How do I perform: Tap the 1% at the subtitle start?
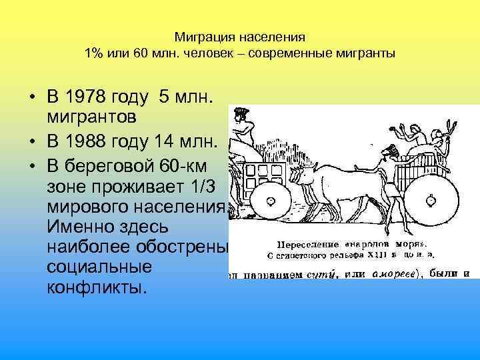click(x=91, y=53)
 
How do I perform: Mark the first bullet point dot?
click(x=32, y=99)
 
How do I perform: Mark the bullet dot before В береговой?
click(x=32, y=165)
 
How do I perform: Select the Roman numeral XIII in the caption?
click(x=378, y=253)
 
